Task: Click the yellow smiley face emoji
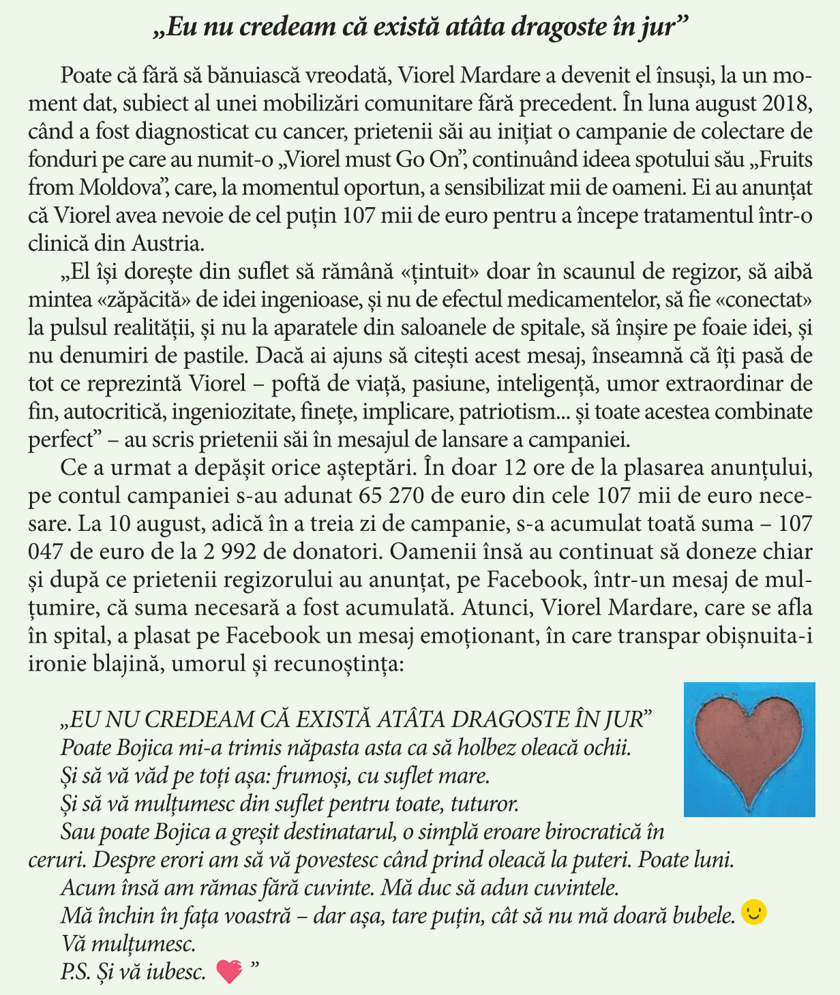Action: [x=753, y=913]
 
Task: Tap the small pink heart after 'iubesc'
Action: [x=229, y=971]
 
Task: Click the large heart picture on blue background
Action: [x=749, y=749]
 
